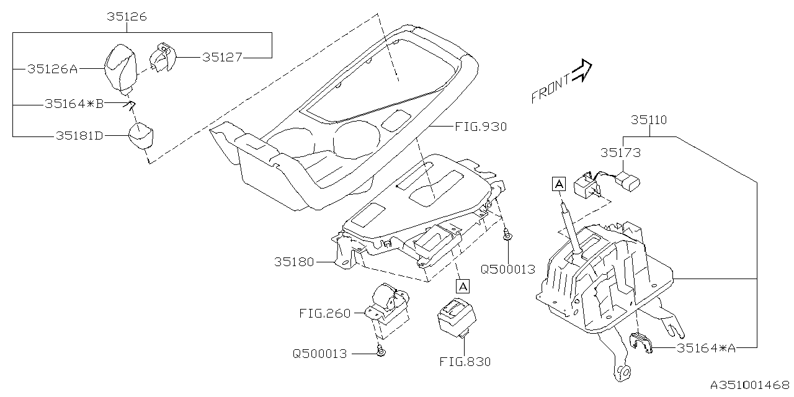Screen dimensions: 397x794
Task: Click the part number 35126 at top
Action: pyautogui.click(x=126, y=17)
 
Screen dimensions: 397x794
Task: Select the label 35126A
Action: pyautogui.click(x=52, y=69)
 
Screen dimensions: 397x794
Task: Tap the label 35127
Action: pyautogui.click(x=222, y=57)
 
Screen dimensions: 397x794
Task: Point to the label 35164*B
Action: pyautogui.click(x=74, y=104)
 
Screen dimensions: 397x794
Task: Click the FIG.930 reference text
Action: pyautogui.click(x=480, y=127)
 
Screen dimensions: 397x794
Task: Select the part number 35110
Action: pyautogui.click(x=649, y=120)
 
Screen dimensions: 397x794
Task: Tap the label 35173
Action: pyautogui.click(x=620, y=152)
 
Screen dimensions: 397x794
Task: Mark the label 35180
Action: pyautogui.click(x=295, y=262)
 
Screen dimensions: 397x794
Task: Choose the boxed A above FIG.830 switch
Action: pyautogui.click(x=462, y=286)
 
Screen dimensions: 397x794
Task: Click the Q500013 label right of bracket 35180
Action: pyautogui.click(x=507, y=269)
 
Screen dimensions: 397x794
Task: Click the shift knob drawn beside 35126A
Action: pyautogui.click(x=122, y=67)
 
